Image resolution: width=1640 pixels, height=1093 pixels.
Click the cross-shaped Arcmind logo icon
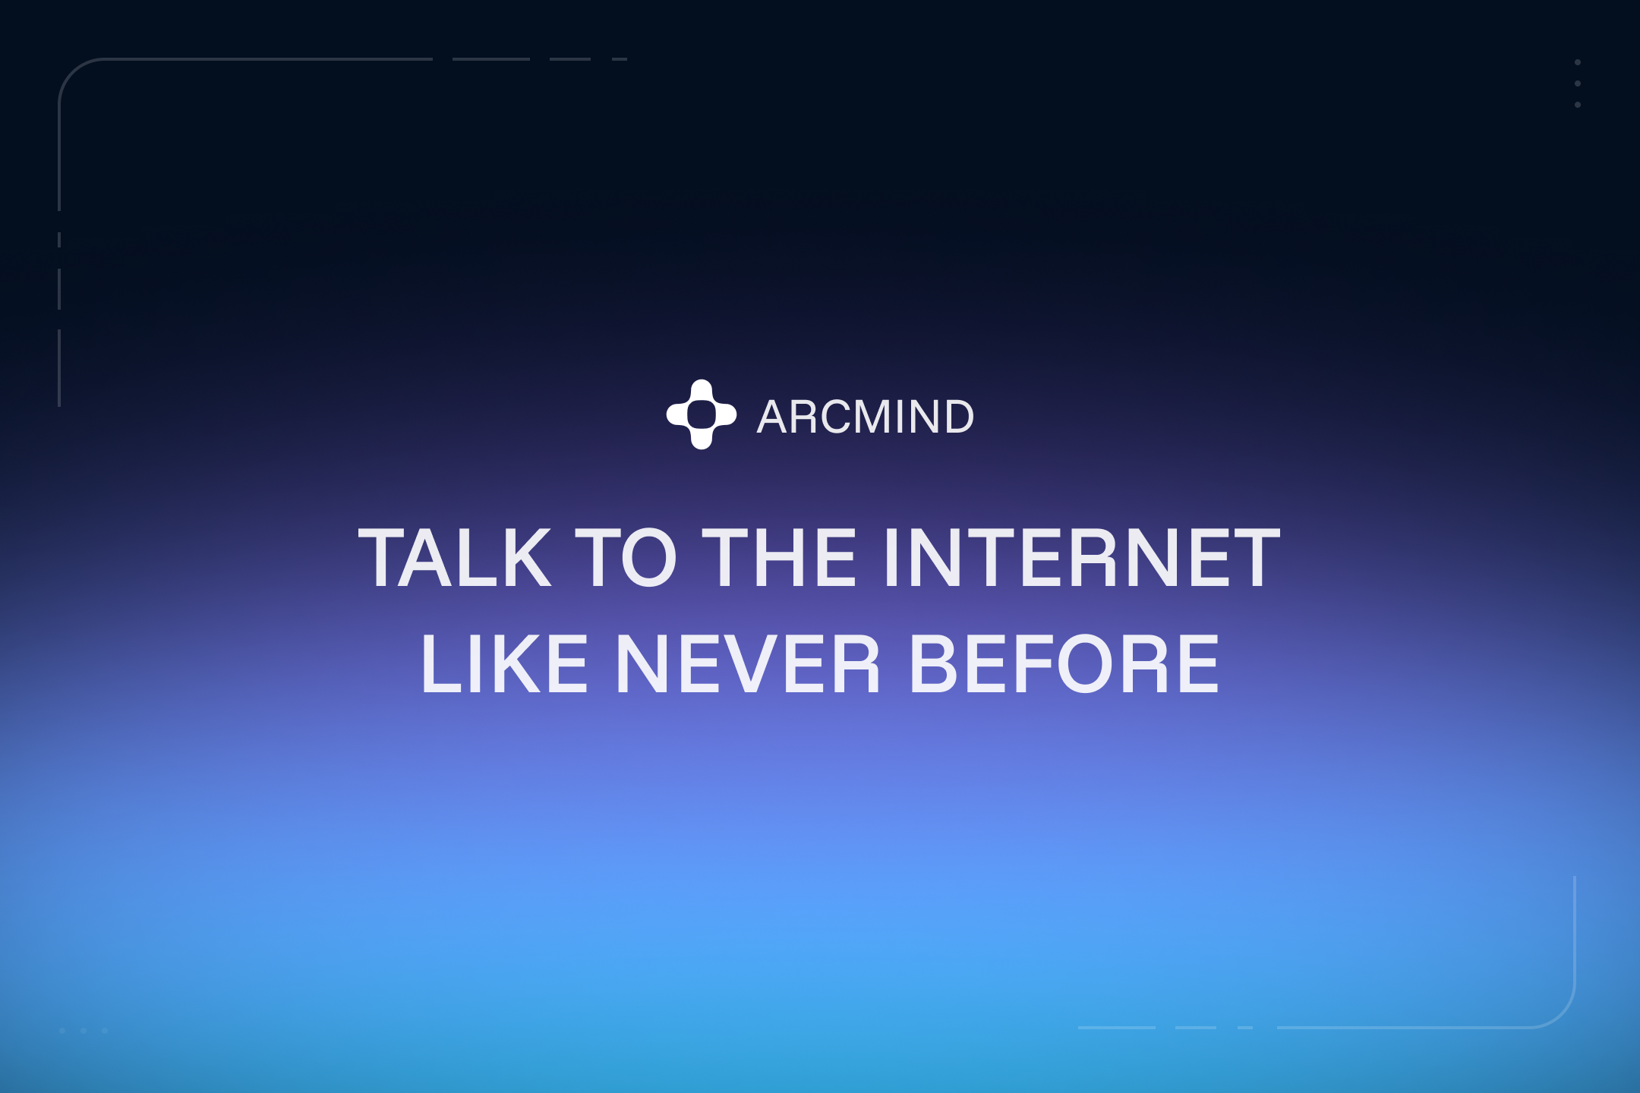click(702, 414)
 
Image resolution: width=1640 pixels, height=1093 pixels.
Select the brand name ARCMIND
click(866, 417)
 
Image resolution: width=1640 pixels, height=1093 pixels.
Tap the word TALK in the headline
click(454, 558)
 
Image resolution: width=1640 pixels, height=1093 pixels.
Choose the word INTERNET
click(1081, 558)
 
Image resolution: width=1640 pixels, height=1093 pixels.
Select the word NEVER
click(748, 664)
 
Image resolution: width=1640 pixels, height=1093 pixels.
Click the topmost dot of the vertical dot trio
click(1578, 62)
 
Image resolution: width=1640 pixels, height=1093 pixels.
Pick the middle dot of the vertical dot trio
click(1578, 83)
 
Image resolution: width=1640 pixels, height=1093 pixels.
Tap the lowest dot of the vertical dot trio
click(1578, 105)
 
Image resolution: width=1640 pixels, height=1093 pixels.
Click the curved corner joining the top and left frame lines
click(73, 73)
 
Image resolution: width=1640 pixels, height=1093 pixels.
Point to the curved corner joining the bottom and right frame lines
click(1561, 1013)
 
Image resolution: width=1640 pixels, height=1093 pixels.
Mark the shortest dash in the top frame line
click(620, 59)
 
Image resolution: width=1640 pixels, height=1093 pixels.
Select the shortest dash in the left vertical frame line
click(59, 240)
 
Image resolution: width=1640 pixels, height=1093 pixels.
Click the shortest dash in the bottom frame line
click(1245, 1028)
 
